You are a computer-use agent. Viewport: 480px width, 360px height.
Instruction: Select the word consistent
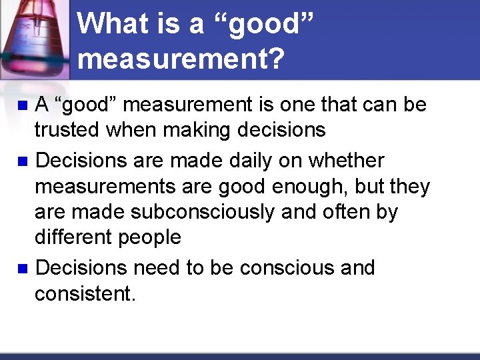point(85,293)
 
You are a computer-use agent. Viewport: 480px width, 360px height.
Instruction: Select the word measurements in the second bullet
point(100,187)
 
